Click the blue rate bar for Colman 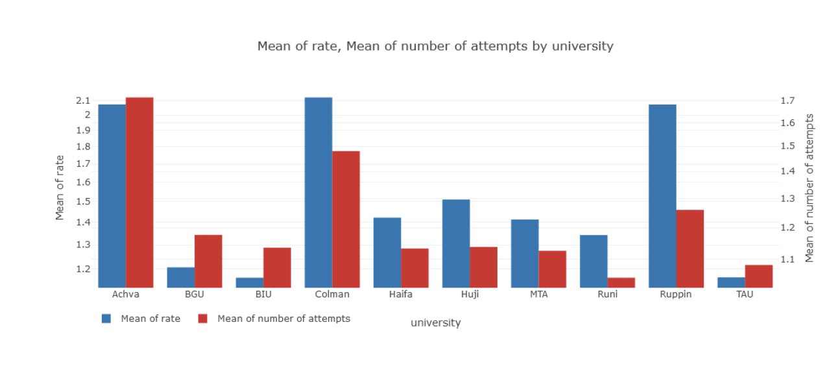pos(318,192)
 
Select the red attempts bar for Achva pos(139,192)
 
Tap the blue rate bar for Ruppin pos(662,196)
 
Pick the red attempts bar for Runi pos(621,282)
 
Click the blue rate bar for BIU pos(250,282)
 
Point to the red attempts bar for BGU pos(208,261)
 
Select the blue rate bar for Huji pos(456,243)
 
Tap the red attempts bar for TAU pos(759,276)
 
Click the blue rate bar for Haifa pos(387,253)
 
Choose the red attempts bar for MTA pos(552,269)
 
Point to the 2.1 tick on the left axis pos(82,101)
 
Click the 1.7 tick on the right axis pos(787,101)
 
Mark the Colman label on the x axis pos(332,294)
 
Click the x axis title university pos(435,323)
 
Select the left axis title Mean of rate pos(60,188)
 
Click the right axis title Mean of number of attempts pos(809,188)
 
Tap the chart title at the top pos(435,46)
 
